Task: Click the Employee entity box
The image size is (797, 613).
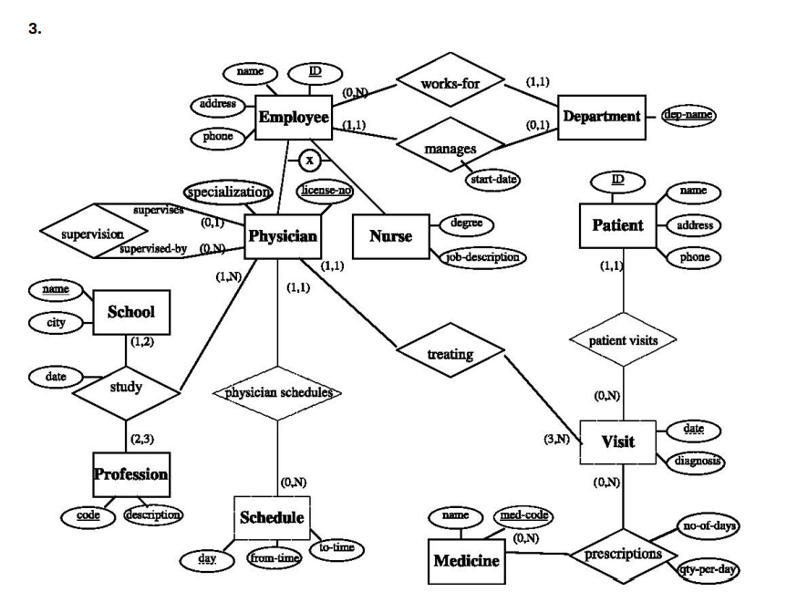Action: click(x=293, y=117)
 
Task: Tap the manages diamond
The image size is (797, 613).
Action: click(x=450, y=148)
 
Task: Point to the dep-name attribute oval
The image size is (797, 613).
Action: click(x=688, y=116)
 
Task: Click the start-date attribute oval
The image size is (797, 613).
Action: click(x=493, y=180)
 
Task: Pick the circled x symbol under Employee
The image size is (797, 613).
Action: click(x=310, y=161)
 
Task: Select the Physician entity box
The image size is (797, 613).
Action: click(x=283, y=236)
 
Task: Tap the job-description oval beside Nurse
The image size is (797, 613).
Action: click(x=482, y=257)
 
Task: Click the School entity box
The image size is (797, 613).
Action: click(x=130, y=311)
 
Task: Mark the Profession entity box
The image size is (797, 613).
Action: click(x=130, y=473)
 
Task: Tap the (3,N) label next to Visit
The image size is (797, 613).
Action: click(x=555, y=439)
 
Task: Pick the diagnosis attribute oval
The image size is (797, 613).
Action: click(x=699, y=462)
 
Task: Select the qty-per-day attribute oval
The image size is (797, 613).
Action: click(x=709, y=570)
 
